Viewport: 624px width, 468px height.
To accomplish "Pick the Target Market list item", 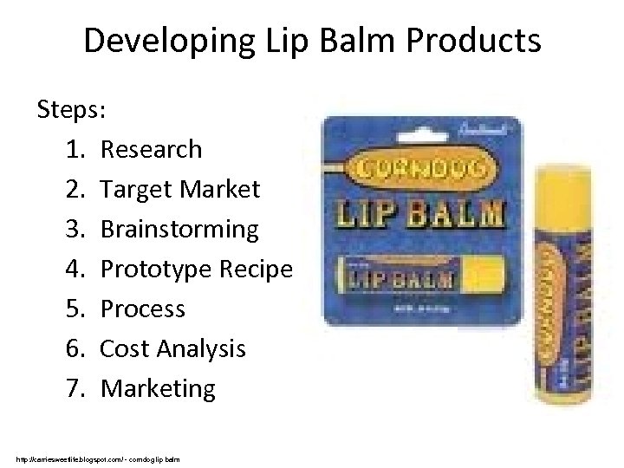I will pyautogui.click(x=179, y=189).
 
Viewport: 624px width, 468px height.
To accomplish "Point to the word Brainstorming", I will pyautogui.click(x=179, y=229).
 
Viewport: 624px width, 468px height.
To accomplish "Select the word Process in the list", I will pyautogui.click(x=143, y=309).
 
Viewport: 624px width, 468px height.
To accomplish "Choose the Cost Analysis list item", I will pyautogui.click(x=173, y=348).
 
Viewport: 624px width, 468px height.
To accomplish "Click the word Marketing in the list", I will pyautogui.click(x=158, y=388).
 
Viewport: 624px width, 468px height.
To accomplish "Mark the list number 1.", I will pyautogui.click(x=73, y=149).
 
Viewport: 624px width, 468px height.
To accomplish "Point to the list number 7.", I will pyautogui.click(x=73, y=388).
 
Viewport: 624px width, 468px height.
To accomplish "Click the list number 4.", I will pyautogui.click(x=73, y=269).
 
